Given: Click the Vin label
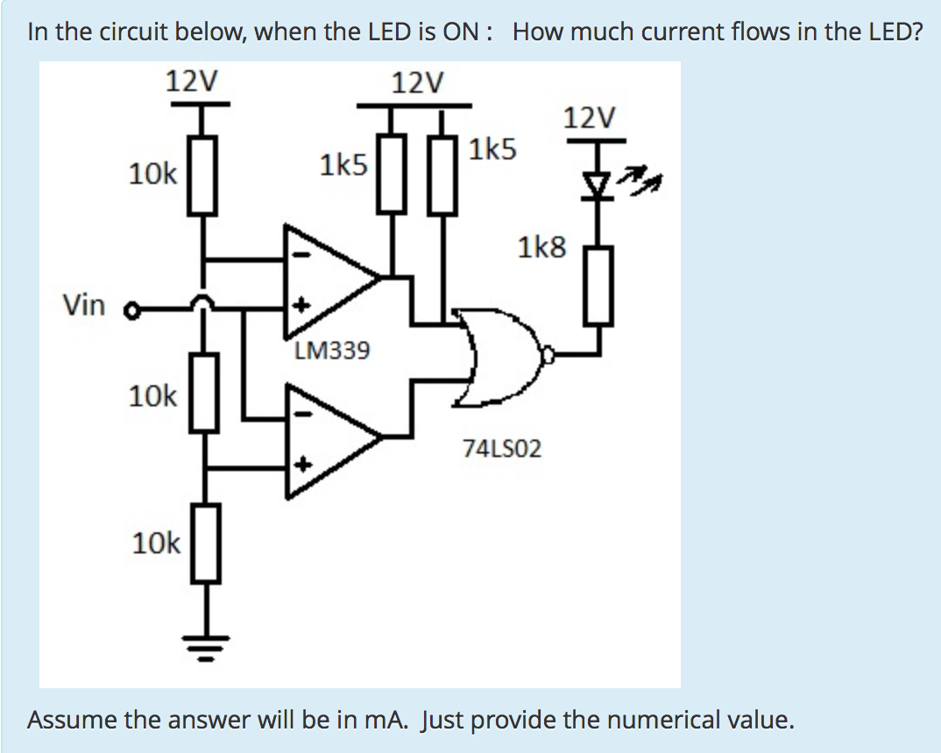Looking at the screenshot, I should [x=83, y=306].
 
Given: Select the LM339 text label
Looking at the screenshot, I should [x=332, y=352].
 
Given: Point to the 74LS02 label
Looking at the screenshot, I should [x=502, y=449].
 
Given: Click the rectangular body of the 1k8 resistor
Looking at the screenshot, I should [x=600, y=285].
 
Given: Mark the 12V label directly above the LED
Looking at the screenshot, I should [x=591, y=117].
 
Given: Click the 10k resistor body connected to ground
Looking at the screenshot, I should [x=204, y=543].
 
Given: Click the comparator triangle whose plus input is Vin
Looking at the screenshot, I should [x=329, y=278].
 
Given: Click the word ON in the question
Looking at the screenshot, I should [x=462, y=32].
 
